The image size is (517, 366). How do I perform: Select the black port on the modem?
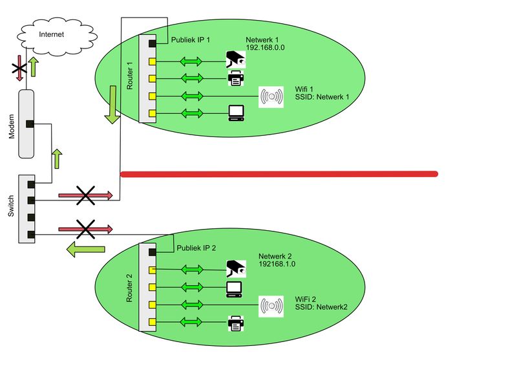click(x=29, y=124)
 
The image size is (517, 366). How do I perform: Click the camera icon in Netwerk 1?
click(x=235, y=60)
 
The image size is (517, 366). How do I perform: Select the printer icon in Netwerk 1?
click(x=235, y=78)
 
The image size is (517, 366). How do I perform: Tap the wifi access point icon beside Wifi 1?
click(x=271, y=96)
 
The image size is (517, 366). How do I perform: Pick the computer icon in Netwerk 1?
click(x=235, y=114)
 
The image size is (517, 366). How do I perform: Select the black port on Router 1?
click(x=152, y=43)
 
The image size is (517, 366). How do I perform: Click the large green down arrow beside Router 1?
click(x=112, y=105)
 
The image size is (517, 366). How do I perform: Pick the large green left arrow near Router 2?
click(x=87, y=248)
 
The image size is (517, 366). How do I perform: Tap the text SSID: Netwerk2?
click(x=321, y=307)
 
